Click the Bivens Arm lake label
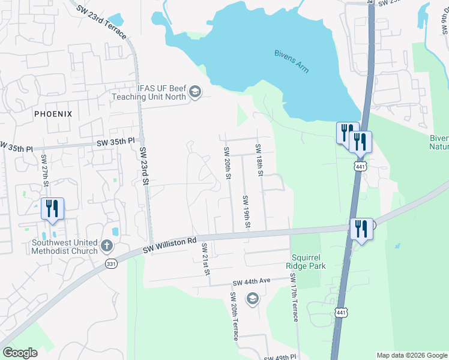(292, 61)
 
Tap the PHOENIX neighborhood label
(53, 113)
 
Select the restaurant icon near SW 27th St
(52, 208)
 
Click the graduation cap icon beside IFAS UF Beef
(194, 92)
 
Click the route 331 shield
(111, 265)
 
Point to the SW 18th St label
(259, 160)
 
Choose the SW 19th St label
(246, 211)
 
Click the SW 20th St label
(228, 163)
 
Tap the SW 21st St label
(205, 259)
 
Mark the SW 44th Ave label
(252, 281)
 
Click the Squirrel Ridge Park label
(307, 260)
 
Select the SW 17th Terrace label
(294, 298)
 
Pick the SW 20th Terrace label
(234, 316)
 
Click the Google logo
(20, 353)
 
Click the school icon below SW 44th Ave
(253, 298)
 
